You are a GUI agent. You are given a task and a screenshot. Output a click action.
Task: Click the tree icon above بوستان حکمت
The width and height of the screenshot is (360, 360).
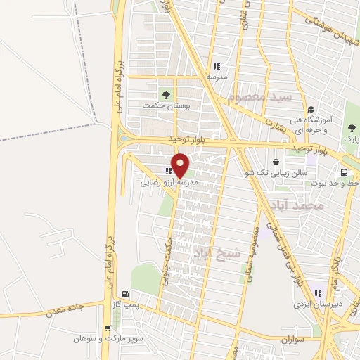(x=166, y=92)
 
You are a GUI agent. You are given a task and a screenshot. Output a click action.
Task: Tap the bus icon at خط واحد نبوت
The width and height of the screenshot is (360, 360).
(x=344, y=172)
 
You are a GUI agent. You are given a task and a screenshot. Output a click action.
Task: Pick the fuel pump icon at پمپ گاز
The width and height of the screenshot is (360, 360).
(x=125, y=295)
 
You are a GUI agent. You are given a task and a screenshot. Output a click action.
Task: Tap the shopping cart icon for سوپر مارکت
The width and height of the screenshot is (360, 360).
(x=107, y=327)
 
